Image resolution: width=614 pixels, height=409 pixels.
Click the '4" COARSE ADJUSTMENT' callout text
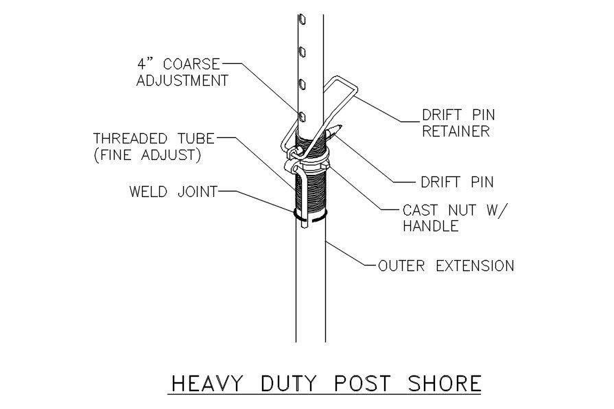pos(182,72)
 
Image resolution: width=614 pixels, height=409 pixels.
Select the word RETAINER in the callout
pos(456,132)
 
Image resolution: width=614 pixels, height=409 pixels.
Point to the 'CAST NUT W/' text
pos(453,209)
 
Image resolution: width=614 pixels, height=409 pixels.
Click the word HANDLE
pos(430,226)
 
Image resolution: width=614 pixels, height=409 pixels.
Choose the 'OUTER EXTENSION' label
pos(446,266)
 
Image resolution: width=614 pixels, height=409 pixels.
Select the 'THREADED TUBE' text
pos(154,139)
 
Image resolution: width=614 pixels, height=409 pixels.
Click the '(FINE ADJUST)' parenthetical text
pos(147,155)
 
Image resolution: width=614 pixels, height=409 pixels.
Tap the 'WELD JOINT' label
pos(173,191)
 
